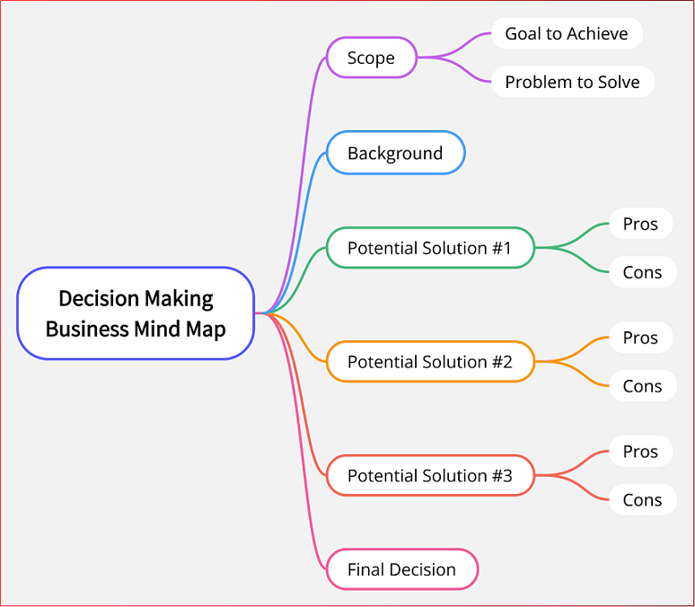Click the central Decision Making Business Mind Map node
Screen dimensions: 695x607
(136, 313)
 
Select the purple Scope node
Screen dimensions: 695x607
(371, 57)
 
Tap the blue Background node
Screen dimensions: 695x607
(395, 153)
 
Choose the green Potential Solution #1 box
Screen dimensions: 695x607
(429, 248)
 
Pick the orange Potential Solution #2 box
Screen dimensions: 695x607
(429, 362)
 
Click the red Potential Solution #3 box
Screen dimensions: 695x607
(429, 475)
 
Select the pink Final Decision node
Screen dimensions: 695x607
(400, 569)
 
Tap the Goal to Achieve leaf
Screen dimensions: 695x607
(566, 34)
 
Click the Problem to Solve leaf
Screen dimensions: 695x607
(572, 82)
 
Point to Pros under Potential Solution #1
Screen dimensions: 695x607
(640, 224)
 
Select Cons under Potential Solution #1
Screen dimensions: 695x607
(642, 272)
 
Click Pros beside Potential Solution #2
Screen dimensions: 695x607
(640, 338)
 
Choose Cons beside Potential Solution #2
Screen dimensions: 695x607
(642, 386)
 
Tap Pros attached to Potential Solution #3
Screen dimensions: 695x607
(640, 452)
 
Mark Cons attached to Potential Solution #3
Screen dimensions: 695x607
(642, 500)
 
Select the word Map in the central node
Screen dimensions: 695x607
(207, 329)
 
